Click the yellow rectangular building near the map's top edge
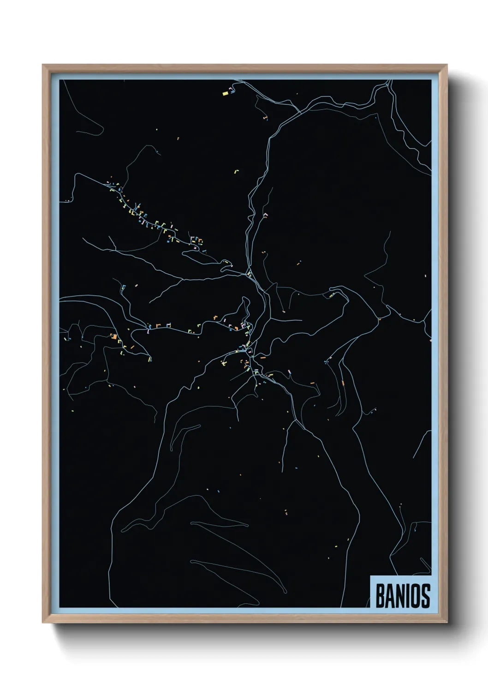click(226, 93)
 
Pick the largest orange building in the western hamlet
click(113, 336)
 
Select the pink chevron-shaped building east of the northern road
click(265, 215)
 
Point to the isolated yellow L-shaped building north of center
click(238, 171)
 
